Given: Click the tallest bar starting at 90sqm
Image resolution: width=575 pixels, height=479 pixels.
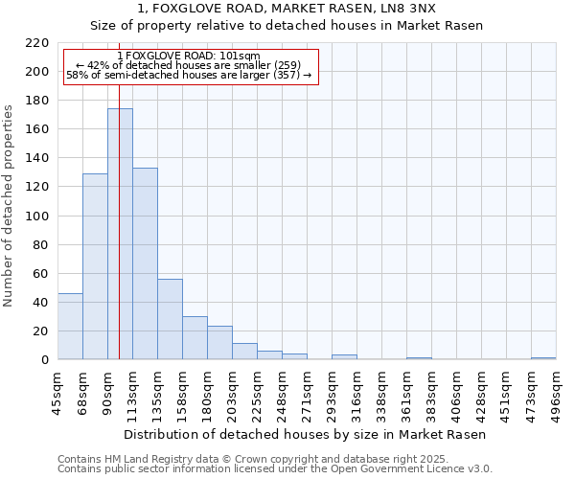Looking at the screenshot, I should click(x=120, y=235).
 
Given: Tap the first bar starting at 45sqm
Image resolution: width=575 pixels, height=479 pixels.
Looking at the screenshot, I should click(x=70, y=327).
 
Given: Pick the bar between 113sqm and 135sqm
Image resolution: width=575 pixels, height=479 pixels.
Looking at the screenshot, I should click(x=145, y=263).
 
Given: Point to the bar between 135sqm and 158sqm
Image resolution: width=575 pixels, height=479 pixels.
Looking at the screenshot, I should click(x=170, y=319).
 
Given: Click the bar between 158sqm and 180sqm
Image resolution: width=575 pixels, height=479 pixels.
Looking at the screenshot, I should click(x=195, y=338).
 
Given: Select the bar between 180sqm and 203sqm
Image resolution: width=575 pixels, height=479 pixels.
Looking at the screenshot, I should click(x=219, y=343).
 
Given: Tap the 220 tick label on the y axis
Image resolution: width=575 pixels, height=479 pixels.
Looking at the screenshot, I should click(x=38, y=43).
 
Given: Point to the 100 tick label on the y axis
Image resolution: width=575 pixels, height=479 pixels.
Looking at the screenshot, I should click(x=38, y=216).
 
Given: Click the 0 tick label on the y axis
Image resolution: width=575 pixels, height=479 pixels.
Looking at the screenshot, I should click(x=45, y=360).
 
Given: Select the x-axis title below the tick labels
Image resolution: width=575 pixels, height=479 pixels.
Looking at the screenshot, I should click(x=306, y=434).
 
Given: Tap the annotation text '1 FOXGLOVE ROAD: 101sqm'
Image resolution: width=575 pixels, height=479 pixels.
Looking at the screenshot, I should click(x=189, y=56).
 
